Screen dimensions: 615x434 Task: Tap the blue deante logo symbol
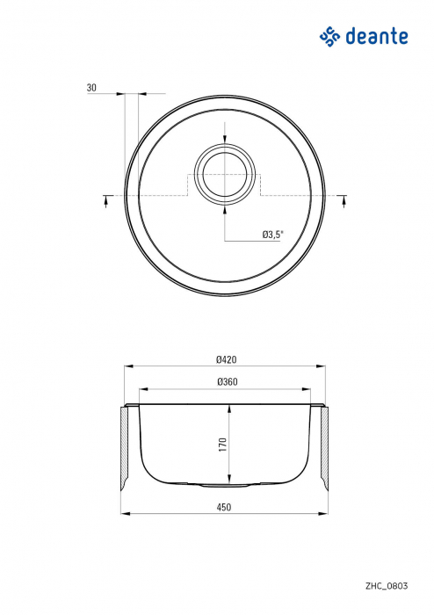(329, 36)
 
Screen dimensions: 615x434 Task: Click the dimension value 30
(91, 88)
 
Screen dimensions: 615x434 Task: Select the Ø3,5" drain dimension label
(272, 235)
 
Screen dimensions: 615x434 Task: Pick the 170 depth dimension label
(223, 444)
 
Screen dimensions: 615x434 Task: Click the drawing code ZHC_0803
(387, 584)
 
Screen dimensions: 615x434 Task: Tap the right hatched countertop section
(323, 448)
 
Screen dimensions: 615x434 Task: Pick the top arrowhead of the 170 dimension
(229, 407)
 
